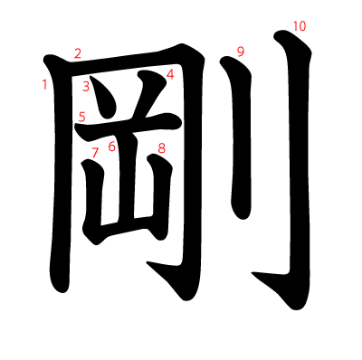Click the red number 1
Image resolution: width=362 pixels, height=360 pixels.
(45, 85)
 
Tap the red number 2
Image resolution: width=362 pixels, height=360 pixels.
(78, 53)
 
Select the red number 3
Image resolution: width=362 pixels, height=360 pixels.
(86, 87)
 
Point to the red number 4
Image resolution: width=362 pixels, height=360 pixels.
(170, 74)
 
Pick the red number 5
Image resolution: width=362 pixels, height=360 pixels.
(82, 117)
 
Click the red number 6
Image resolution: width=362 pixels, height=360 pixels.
(112, 147)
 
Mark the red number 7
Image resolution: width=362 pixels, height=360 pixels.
(95, 153)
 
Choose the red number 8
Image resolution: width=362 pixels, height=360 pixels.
(162, 148)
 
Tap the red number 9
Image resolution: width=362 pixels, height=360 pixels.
(241, 52)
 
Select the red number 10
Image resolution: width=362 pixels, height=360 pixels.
(300, 26)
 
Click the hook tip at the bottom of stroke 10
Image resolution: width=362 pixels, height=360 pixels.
(252, 274)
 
